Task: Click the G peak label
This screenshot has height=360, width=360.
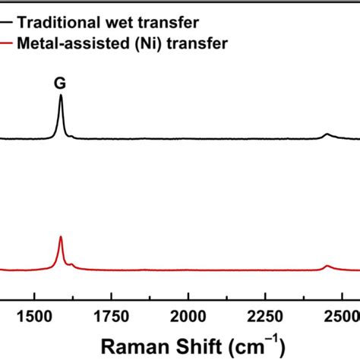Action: click(x=59, y=84)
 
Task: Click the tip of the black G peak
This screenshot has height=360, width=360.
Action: click(x=61, y=96)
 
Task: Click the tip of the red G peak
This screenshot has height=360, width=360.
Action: click(x=61, y=238)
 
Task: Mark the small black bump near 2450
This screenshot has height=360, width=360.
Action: click(x=327, y=134)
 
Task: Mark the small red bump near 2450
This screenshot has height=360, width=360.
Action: click(x=327, y=266)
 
